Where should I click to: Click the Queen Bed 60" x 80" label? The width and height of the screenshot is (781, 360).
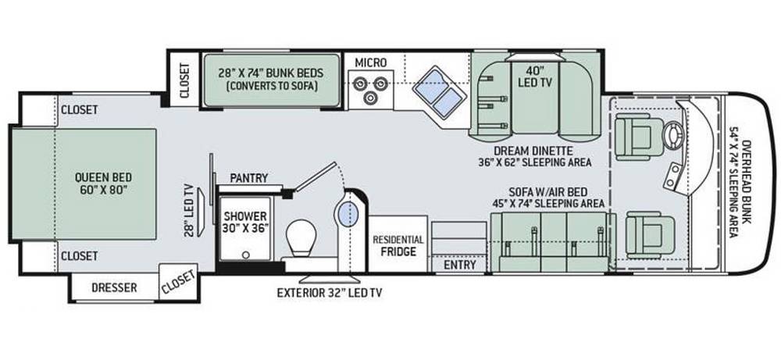click(x=104, y=183)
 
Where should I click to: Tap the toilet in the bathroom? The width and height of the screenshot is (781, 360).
click(x=303, y=237)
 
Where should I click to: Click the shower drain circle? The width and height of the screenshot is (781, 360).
click(x=245, y=255)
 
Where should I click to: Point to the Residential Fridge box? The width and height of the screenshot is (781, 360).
click(x=398, y=244)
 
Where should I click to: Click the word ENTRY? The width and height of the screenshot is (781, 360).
click(x=460, y=265)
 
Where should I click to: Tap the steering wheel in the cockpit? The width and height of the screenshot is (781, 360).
click(x=673, y=134)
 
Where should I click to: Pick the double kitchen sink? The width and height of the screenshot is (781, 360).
click(x=439, y=93)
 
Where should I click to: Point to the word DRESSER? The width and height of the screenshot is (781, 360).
click(x=114, y=288)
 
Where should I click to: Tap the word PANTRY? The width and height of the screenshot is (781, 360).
click(x=249, y=178)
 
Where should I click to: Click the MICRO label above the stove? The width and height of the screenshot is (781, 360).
click(x=370, y=62)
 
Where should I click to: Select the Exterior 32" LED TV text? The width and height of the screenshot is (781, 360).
click(x=330, y=293)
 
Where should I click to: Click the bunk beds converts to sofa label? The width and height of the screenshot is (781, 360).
click(x=271, y=79)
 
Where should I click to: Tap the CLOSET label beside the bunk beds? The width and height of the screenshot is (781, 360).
click(x=185, y=80)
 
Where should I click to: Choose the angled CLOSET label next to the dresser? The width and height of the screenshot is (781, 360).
click(x=178, y=283)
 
